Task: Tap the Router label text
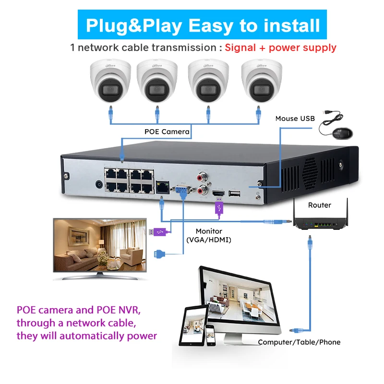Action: [320, 205]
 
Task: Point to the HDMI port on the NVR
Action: [218, 193]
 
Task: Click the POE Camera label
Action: [167, 131]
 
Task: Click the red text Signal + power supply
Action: [281, 48]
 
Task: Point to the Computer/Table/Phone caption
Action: [299, 342]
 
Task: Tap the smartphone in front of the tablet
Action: [210, 335]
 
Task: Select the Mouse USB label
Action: [295, 119]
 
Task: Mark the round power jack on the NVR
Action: [99, 184]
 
